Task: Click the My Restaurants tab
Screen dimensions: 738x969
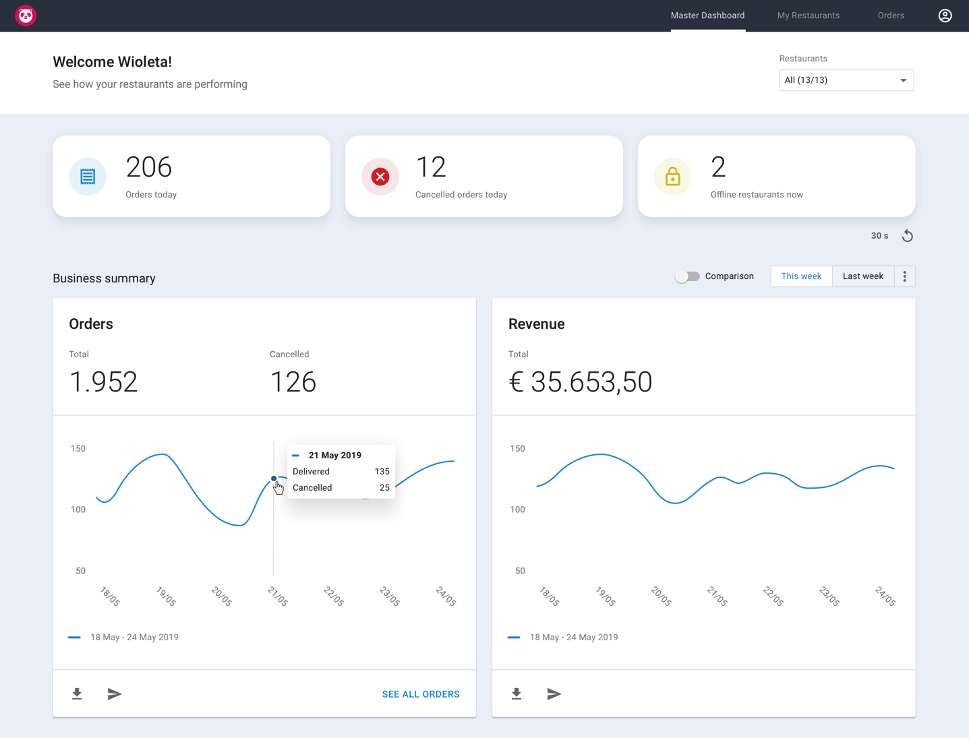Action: [808, 16]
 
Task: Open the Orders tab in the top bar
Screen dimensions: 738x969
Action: [890, 16]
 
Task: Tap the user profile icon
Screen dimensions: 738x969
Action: [945, 16]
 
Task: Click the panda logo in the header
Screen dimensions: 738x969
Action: [26, 16]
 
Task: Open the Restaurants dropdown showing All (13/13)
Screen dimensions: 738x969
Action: [846, 80]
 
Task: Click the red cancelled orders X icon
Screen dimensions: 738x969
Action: [380, 177]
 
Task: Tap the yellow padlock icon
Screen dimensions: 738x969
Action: [672, 177]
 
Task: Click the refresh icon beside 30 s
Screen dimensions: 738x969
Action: [908, 236]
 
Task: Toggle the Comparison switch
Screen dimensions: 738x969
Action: [687, 276]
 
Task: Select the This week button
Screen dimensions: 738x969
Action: [801, 276]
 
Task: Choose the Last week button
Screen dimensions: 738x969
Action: [862, 276]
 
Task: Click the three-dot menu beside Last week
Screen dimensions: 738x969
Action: [904, 276]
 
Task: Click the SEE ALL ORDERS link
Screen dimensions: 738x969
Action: [420, 694]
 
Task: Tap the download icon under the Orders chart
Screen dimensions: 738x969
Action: [77, 694]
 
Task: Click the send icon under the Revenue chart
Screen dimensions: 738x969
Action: [554, 694]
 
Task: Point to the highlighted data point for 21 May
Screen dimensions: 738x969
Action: [274, 479]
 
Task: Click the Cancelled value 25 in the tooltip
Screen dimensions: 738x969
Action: [384, 487]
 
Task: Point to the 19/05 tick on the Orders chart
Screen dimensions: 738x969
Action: [166, 596]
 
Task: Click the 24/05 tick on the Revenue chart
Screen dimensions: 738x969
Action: [885, 596]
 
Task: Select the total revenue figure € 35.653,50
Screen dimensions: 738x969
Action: [580, 382]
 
